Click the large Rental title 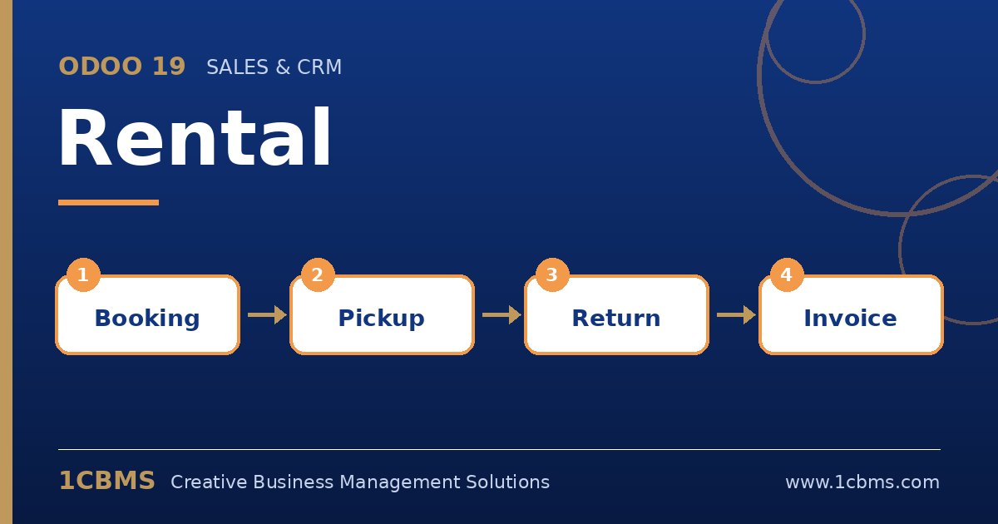point(195,137)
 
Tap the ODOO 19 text point(122,67)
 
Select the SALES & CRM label point(274,67)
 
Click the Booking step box point(147,315)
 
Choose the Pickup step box point(382,315)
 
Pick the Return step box point(616,315)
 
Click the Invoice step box point(851,315)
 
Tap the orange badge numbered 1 point(83,275)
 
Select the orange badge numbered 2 point(318,275)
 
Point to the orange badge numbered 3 point(552,275)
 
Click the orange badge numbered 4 point(787,275)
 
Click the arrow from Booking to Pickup point(267,315)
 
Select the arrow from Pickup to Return point(501,315)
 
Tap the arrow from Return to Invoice point(736,315)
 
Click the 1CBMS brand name point(107,481)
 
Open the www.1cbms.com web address point(862,482)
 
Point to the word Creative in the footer point(209,482)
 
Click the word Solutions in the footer point(508,482)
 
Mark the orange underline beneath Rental point(108,203)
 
